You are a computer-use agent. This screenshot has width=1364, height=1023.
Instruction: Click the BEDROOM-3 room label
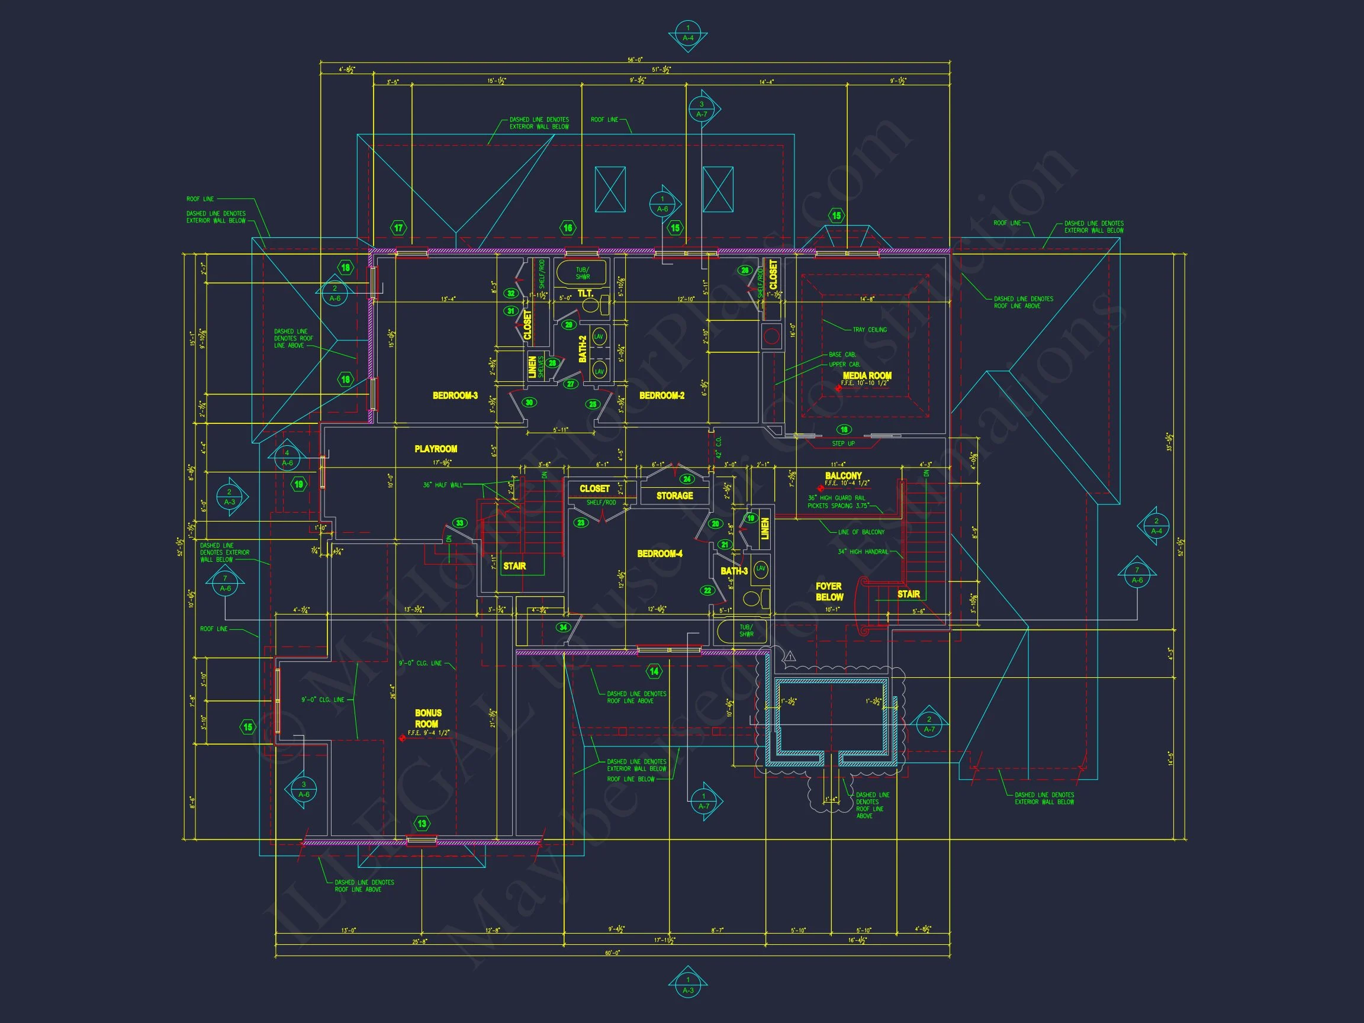click(455, 395)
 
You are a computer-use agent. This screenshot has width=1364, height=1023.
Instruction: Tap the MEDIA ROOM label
click(866, 375)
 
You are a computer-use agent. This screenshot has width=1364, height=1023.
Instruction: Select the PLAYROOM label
click(435, 449)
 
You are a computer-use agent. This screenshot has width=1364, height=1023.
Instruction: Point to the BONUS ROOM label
click(427, 718)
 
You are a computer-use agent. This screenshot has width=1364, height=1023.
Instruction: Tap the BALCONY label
click(843, 475)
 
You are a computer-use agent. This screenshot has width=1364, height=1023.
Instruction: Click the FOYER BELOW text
click(829, 592)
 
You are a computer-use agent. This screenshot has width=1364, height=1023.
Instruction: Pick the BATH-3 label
click(734, 571)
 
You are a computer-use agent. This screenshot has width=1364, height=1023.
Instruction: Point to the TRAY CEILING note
click(870, 330)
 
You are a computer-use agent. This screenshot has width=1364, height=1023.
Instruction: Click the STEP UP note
click(843, 444)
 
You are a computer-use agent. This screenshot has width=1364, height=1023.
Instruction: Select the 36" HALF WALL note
click(442, 485)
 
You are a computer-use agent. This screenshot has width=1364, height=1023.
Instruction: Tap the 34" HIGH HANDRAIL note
click(863, 552)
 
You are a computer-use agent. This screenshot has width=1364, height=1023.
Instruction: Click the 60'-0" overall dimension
click(612, 953)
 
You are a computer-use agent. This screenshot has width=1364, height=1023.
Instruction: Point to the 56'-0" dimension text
click(635, 60)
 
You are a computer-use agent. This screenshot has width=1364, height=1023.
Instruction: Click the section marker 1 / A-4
click(687, 33)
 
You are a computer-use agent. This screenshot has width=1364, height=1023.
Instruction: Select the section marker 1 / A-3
click(687, 985)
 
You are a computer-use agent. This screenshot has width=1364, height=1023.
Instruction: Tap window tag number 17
click(398, 228)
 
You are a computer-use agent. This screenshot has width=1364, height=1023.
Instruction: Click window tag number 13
click(422, 823)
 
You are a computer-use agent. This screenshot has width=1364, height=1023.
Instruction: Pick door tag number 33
click(459, 523)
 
